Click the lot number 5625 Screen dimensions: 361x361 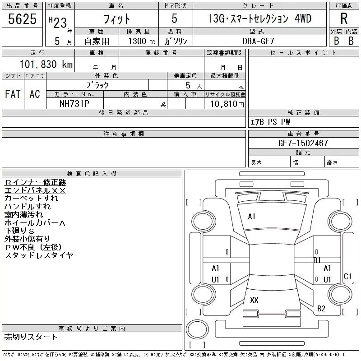23,19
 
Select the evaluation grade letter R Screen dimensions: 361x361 343,19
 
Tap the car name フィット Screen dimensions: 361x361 116,19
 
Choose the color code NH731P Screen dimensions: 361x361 75,103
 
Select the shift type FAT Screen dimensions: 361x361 13,94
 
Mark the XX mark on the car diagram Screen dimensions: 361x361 254,300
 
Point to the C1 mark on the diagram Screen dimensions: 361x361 347,276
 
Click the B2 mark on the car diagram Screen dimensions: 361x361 321,309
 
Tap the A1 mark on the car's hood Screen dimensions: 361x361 252,217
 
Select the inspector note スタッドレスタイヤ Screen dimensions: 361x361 39,255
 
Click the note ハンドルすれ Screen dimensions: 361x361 28,207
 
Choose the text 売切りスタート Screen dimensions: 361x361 31,337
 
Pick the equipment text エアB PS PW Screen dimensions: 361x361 270,122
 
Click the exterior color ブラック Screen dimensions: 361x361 97,85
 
